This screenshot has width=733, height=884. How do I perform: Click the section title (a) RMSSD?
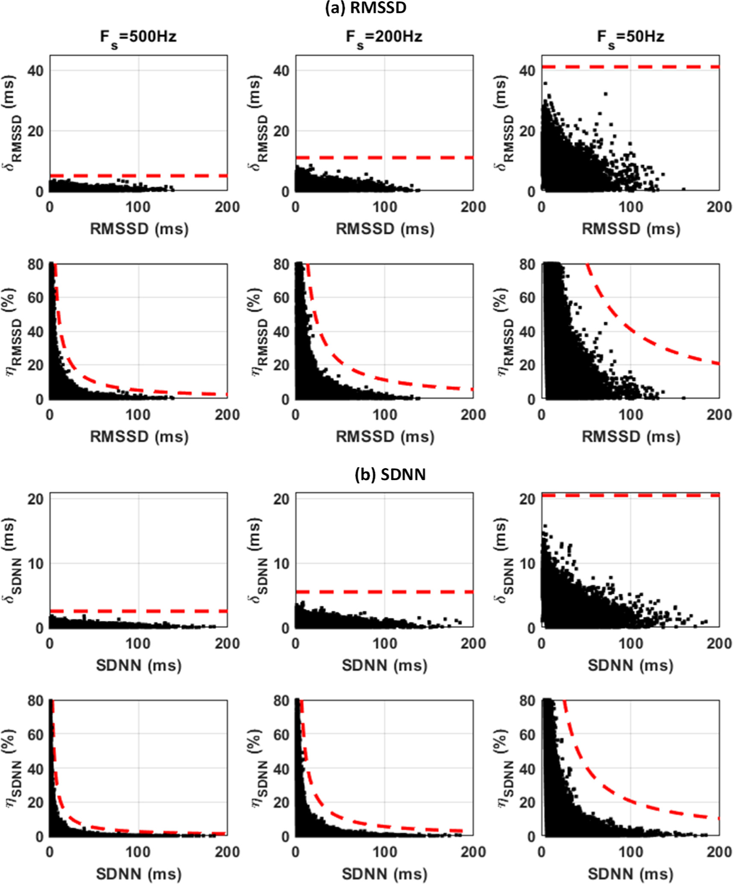point(366,8)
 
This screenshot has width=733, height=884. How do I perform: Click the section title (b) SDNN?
point(390,474)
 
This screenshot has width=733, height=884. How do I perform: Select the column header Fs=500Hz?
point(138,37)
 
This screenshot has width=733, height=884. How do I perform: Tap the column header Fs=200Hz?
point(384,37)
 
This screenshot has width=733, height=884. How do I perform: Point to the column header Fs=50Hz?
point(630,37)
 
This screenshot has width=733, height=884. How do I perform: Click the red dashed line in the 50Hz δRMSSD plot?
point(630,67)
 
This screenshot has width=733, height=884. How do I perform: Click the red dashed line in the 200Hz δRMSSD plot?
point(384,158)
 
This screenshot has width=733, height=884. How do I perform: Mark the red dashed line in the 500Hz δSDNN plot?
point(138,611)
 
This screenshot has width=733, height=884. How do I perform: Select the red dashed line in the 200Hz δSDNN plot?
point(384,592)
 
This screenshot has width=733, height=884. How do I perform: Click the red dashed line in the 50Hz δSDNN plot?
point(630,495)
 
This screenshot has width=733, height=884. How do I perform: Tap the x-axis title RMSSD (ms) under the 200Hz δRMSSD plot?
point(385,229)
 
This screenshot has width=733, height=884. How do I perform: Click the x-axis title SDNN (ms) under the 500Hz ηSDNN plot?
point(139,874)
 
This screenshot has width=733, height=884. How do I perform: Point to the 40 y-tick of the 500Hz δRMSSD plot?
point(35,70)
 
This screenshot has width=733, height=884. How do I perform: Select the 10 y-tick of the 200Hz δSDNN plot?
point(281,564)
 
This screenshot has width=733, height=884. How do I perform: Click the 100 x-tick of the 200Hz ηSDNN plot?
point(384,852)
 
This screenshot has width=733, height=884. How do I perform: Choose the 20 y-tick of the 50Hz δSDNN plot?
point(528,499)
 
